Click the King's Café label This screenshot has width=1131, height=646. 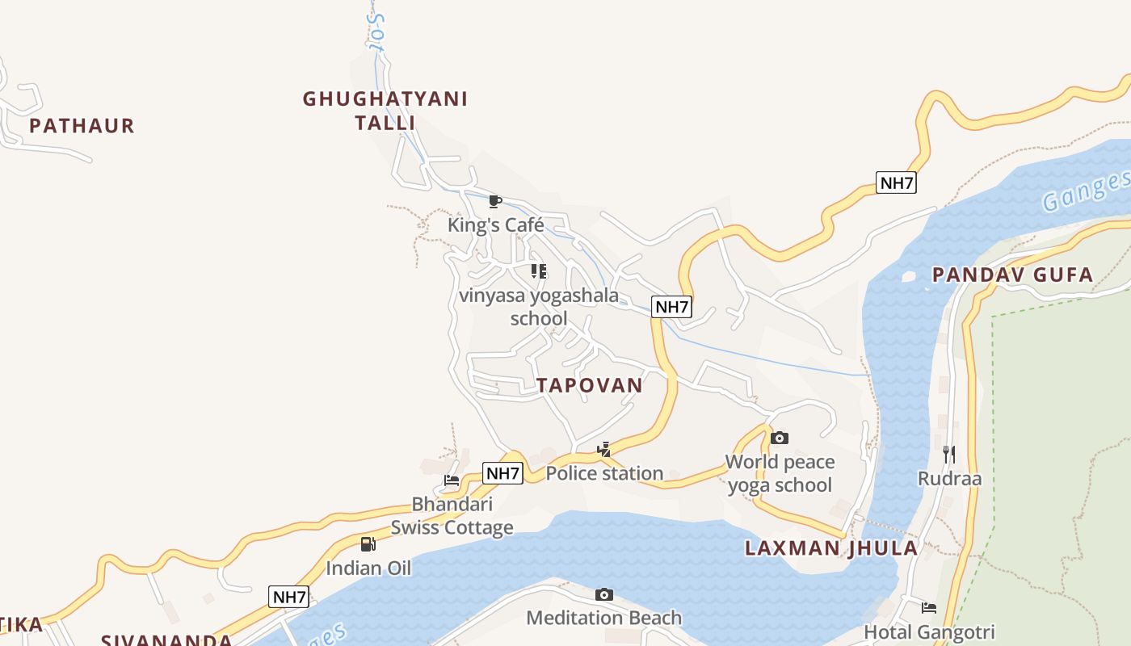pos(496,224)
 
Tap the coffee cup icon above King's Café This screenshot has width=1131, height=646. pos(495,201)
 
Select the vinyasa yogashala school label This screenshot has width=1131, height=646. pos(539,307)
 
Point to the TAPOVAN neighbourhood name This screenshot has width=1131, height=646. pos(590,385)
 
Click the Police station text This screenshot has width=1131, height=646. pos(604,473)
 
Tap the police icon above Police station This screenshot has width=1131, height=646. pos(603,450)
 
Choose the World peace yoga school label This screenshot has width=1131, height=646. pos(780,473)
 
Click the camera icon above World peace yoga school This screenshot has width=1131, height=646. pos(780,438)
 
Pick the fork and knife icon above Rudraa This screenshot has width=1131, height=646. pos(949,455)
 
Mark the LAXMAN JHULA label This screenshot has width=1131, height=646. pos(831,548)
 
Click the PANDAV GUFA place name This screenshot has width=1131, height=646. pos(1013,275)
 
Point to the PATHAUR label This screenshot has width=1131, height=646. pos(82,126)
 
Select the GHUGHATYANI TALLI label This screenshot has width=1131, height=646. pos(385,111)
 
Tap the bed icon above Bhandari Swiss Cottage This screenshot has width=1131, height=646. pos(452,480)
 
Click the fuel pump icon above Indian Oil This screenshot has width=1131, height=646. pos(368,544)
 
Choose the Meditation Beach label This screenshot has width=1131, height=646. pos(604,618)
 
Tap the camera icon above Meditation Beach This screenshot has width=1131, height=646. pos(604,595)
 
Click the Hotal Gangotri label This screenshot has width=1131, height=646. pos(929,631)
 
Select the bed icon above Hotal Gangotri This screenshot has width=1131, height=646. pos(929,608)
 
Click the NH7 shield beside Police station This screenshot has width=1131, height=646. pos(502,473)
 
